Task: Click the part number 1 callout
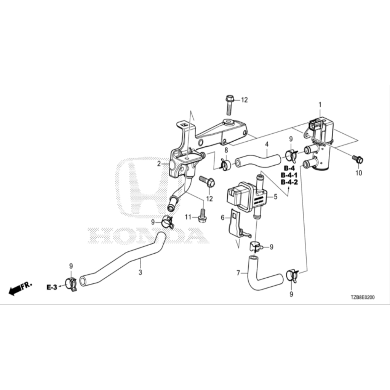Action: pyautogui.click(x=320, y=104)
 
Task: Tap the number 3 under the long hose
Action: pyautogui.click(x=140, y=272)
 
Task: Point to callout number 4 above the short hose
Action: pyautogui.click(x=267, y=144)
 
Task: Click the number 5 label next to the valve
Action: pyautogui.click(x=275, y=197)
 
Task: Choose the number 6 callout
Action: pyautogui.click(x=223, y=217)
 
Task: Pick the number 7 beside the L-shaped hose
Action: pyautogui.click(x=238, y=273)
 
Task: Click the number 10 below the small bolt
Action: pyautogui.click(x=358, y=173)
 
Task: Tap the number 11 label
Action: pyautogui.click(x=187, y=217)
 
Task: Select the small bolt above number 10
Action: pyautogui.click(x=358, y=159)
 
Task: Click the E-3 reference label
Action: pyautogui.click(x=52, y=287)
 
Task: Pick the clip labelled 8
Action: pyautogui.click(x=225, y=165)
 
